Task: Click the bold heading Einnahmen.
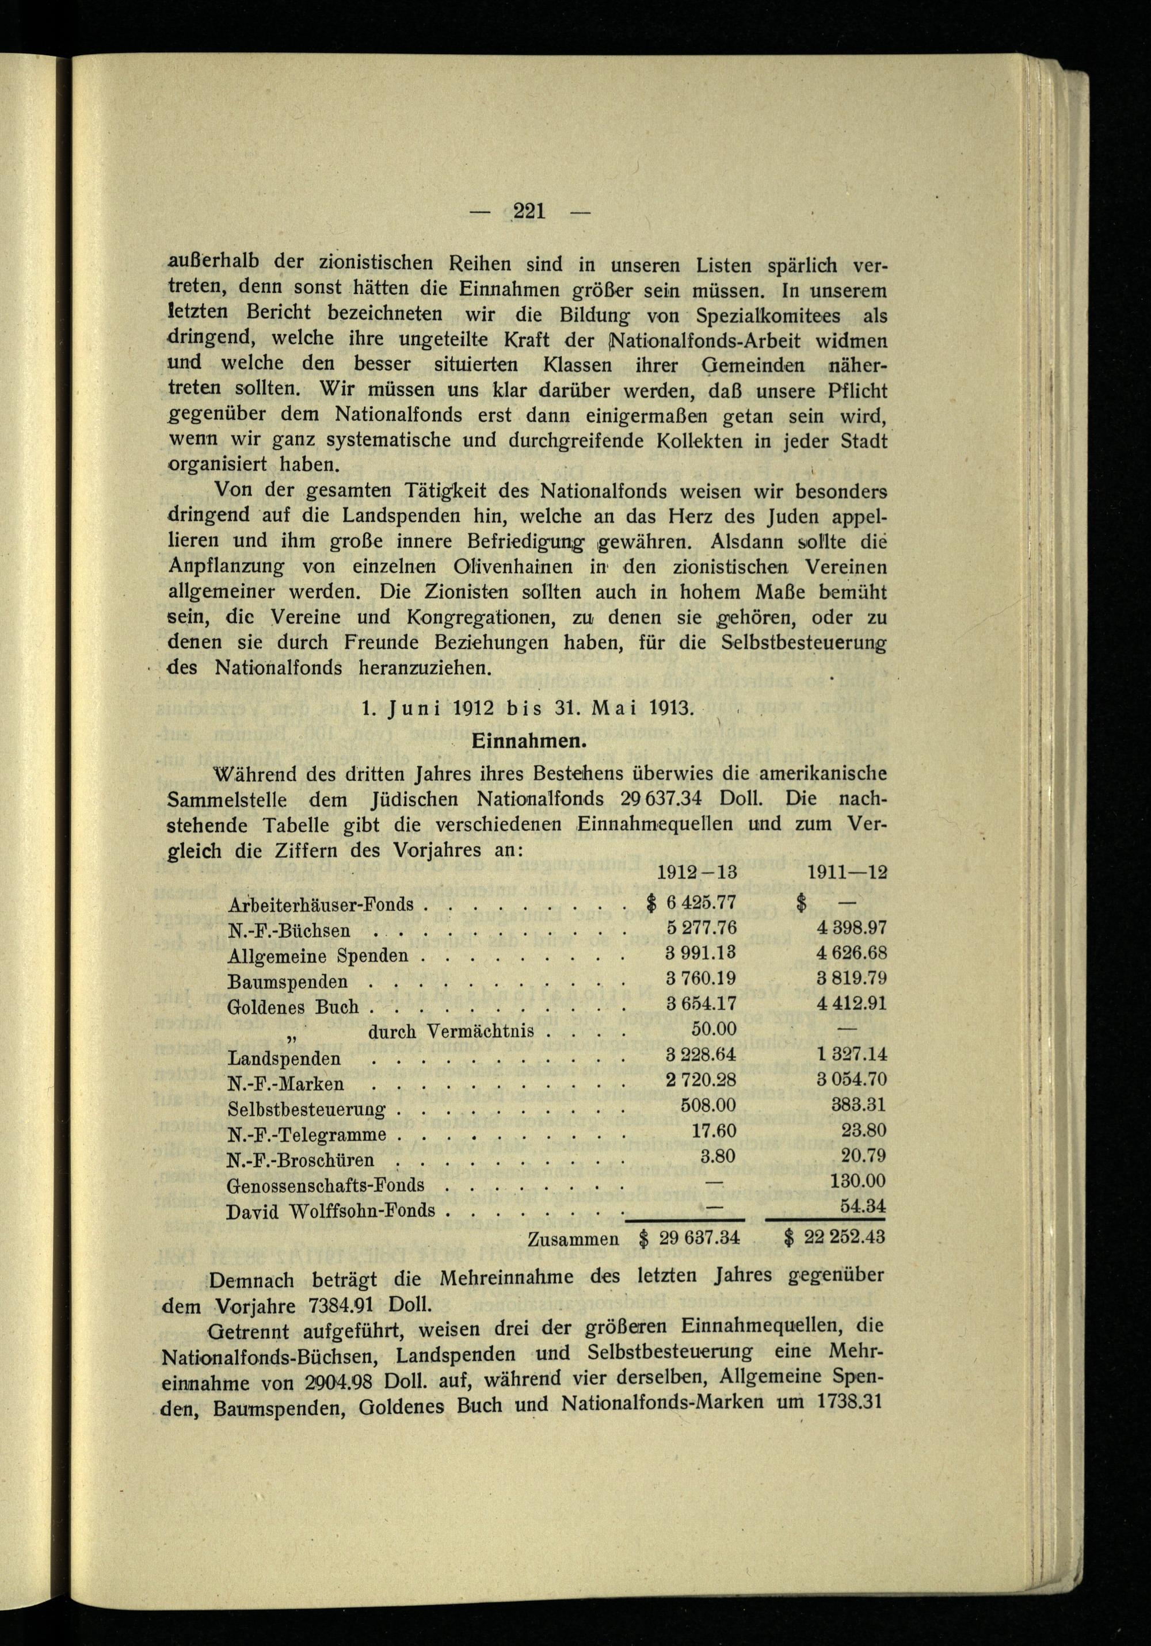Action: pos(529,742)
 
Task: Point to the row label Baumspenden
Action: pos(288,981)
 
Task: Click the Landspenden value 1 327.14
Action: pos(851,1055)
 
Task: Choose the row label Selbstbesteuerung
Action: pos(306,1110)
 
